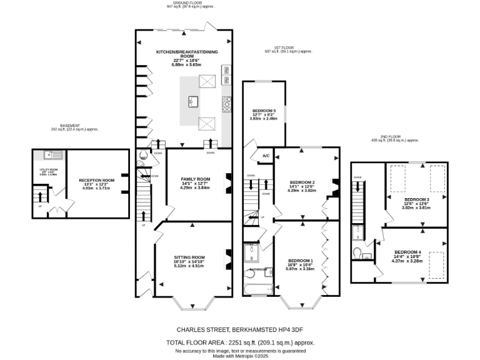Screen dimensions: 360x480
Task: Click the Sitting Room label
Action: pos(189,257)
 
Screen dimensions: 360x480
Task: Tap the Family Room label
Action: pos(195,179)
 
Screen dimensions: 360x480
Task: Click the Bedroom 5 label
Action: pos(263,111)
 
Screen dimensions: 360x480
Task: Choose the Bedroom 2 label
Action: pos(301,182)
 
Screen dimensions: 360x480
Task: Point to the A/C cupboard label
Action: pos(266,156)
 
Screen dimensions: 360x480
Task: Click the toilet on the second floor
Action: pos(357,252)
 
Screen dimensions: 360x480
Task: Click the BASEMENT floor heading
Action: pos(70,125)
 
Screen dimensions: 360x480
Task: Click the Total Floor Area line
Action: pos(240,342)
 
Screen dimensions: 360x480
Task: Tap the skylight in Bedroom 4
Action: pos(436,259)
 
